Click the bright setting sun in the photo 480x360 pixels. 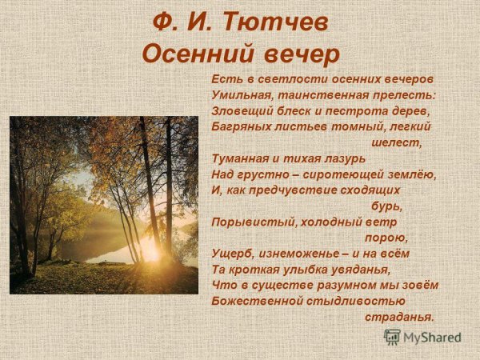point(150,250)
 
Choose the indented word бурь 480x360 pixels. point(386,206)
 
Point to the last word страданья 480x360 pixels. point(399,317)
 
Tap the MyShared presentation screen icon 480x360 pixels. point(392,337)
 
